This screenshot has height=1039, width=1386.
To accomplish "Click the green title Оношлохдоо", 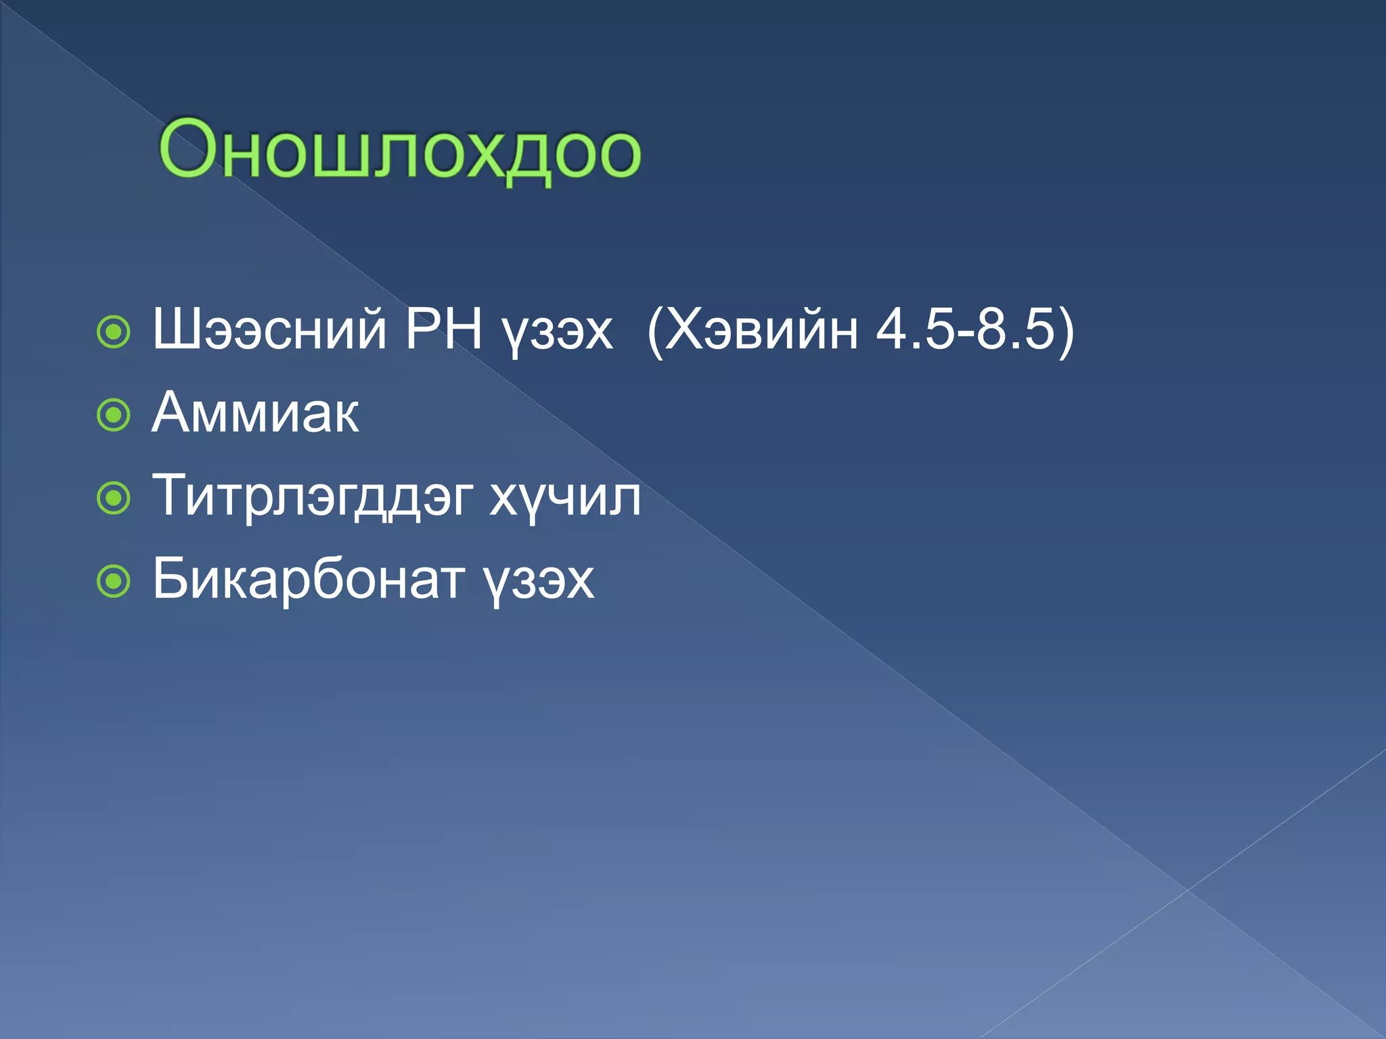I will (x=399, y=150).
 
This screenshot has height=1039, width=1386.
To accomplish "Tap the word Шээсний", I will (x=269, y=329).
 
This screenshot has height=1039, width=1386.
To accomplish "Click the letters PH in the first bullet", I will (x=443, y=329).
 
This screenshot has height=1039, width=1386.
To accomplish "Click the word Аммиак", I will (x=255, y=413).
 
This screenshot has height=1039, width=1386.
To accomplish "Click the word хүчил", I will (x=565, y=499).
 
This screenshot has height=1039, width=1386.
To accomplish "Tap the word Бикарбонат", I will (x=309, y=579).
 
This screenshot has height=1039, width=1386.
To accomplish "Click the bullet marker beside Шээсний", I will (x=113, y=331).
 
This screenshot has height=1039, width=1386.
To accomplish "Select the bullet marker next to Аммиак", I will (x=113, y=415).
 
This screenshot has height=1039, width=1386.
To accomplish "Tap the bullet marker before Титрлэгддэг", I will (x=113, y=499).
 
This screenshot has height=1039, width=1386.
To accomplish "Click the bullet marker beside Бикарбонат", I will (x=113, y=582).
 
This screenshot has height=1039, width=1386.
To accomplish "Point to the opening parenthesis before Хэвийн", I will (x=654, y=331).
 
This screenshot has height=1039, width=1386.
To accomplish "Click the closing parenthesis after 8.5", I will (x=1066, y=331).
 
